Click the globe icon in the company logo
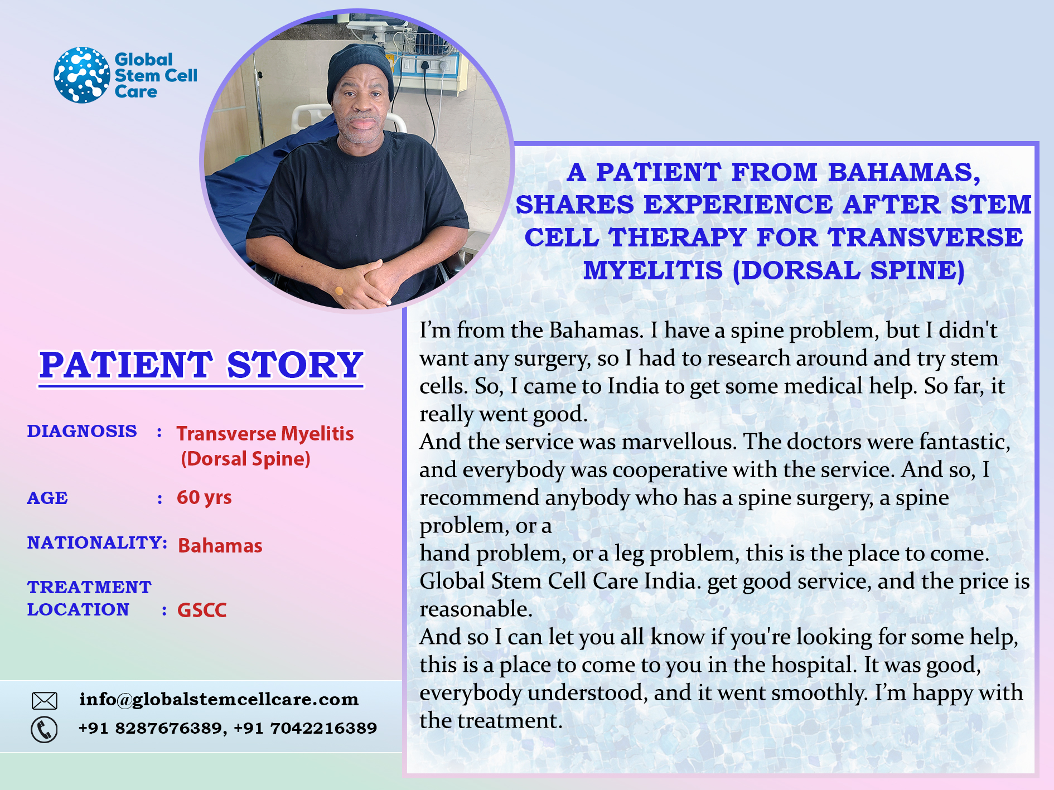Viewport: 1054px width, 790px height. (82, 75)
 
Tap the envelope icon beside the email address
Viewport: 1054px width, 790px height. (45, 700)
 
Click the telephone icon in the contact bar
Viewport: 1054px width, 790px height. (44, 729)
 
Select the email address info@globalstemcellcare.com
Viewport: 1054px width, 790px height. (219, 700)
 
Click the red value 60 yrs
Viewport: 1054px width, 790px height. (204, 497)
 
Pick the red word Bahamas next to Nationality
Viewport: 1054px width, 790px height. (220, 545)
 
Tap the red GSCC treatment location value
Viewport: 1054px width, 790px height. (202, 610)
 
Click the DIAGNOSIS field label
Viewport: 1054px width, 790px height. (82, 431)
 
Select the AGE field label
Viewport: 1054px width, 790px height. (47, 498)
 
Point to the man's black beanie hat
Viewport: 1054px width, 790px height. (360, 69)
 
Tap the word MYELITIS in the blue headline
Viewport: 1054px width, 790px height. (653, 271)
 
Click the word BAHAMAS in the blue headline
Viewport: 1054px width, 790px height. (904, 173)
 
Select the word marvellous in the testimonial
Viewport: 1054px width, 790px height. (679, 442)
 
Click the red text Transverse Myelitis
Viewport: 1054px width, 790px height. (265, 434)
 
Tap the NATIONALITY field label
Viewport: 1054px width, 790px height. (97, 542)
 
